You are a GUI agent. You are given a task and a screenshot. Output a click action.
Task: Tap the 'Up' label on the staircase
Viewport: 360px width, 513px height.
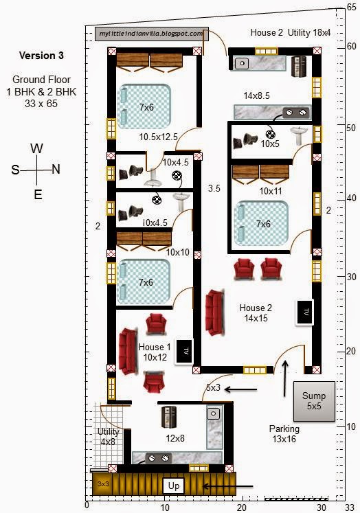coord(174,486)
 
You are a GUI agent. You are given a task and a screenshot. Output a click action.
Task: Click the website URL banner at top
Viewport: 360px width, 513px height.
coord(150,33)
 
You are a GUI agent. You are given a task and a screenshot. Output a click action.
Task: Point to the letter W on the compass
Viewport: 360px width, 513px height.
coord(38,149)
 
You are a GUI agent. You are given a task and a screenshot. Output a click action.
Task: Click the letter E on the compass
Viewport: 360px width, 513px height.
coord(38,194)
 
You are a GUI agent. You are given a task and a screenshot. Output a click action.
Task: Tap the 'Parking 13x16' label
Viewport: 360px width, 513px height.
coord(283,434)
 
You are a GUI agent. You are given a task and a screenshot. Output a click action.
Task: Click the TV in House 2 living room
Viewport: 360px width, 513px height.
coord(304,312)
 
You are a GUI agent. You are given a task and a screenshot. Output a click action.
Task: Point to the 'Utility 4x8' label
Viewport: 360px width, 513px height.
coord(108,437)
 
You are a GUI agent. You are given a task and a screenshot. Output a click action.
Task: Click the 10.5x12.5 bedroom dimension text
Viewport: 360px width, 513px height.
coord(158,137)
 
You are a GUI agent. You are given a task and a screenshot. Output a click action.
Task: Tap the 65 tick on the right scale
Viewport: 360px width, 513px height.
coord(351,7)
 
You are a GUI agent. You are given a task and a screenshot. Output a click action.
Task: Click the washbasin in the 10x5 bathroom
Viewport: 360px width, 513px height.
coord(299,136)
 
